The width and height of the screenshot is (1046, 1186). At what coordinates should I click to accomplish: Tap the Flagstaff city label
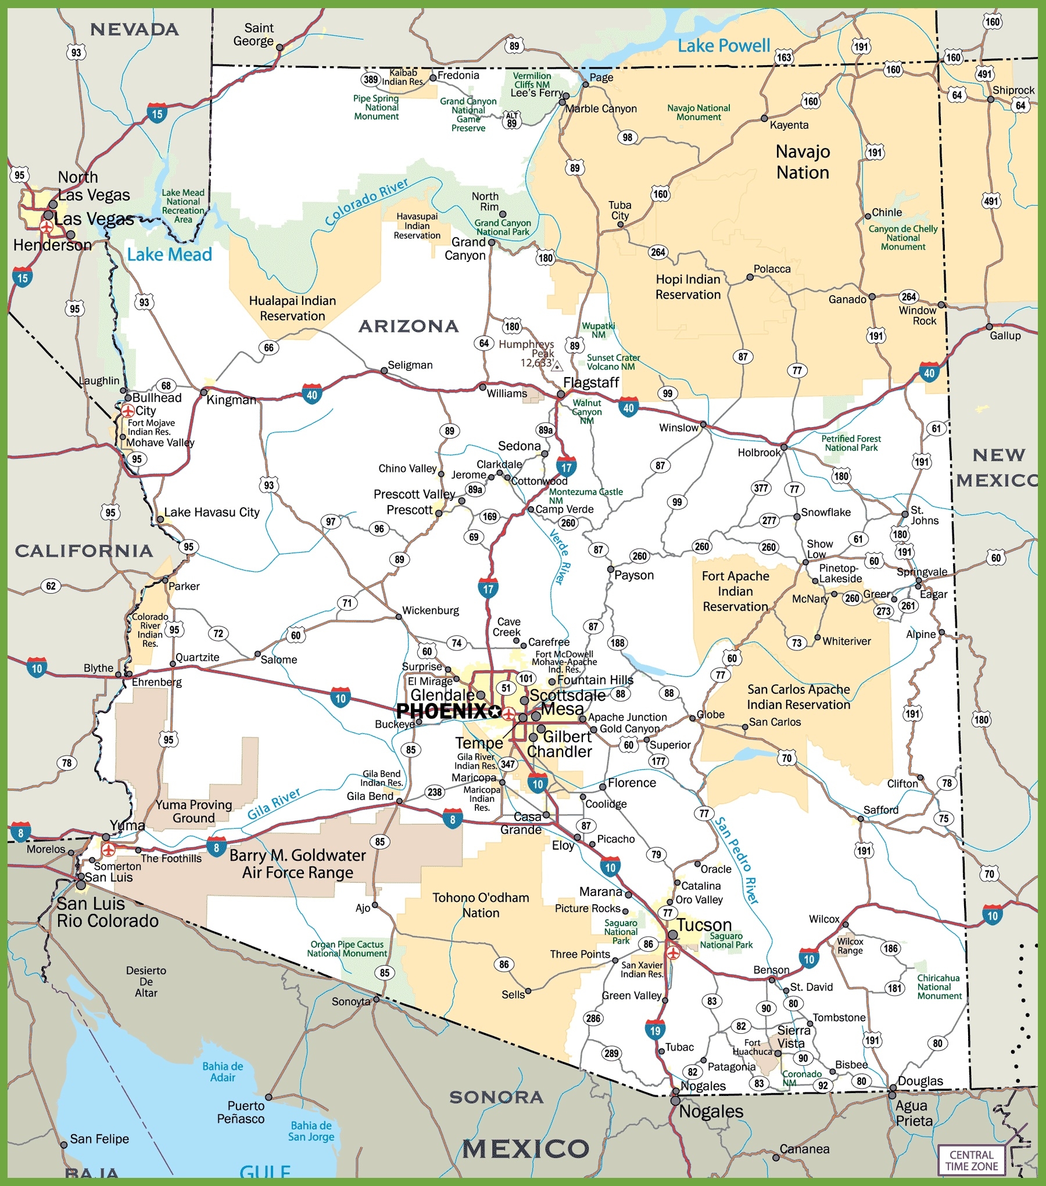(x=590, y=382)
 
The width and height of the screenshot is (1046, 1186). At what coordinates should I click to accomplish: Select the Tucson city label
(x=704, y=925)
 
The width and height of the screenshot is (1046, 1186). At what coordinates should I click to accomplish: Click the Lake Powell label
(x=723, y=45)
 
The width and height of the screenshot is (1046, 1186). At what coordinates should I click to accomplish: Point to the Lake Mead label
(x=169, y=255)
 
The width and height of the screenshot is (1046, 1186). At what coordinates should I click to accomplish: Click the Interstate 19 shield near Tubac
(x=655, y=1030)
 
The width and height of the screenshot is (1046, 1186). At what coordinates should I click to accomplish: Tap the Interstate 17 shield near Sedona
(x=566, y=467)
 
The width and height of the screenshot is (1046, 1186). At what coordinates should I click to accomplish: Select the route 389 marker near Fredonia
(x=371, y=80)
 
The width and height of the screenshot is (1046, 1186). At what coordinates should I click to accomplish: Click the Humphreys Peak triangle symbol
(x=557, y=366)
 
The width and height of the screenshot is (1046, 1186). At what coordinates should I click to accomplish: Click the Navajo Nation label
(x=803, y=162)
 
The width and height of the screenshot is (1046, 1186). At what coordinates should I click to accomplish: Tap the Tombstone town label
(x=839, y=1017)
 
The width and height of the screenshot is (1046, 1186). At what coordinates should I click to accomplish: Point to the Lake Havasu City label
(x=212, y=512)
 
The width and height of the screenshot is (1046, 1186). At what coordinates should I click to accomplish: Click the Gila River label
(x=274, y=804)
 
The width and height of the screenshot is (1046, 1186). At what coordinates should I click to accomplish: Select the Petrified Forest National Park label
(x=851, y=443)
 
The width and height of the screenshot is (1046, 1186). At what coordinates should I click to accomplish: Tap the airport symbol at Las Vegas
(x=46, y=227)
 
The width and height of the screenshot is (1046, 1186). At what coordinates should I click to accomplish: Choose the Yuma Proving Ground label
(x=194, y=811)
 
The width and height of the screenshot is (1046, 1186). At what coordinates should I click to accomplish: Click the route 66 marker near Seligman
(x=268, y=347)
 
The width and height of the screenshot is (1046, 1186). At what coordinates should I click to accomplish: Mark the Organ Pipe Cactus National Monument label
(x=347, y=949)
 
